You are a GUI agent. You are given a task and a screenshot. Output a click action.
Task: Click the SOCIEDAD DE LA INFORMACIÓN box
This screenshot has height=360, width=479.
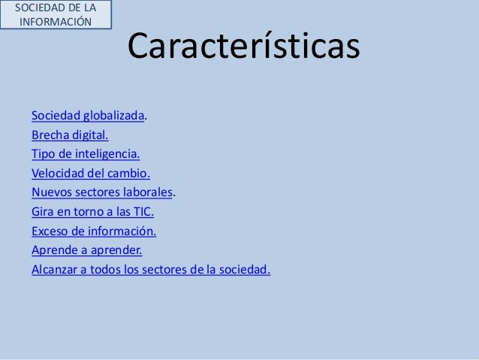tap(56, 14)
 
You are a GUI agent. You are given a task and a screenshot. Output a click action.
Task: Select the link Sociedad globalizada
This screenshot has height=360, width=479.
tap(88, 117)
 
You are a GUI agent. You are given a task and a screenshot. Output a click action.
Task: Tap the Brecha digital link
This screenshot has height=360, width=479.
tap(70, 136)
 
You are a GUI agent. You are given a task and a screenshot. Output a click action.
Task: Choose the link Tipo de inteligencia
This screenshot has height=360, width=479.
tap(86, 155)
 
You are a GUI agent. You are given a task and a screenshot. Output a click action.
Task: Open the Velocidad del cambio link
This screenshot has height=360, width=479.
tap(91, 174)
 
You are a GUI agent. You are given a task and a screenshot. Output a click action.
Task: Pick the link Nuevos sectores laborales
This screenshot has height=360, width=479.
tap(102, 192)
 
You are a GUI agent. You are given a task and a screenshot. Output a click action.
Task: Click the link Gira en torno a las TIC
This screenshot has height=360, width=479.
tap(92, 211)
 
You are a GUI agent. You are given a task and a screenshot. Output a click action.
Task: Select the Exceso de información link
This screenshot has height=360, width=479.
tap(94, 231)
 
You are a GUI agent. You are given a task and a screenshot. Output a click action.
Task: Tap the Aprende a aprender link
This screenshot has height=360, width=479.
tap(86, 250)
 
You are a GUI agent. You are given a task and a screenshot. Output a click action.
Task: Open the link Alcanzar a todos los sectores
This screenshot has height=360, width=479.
tap(150, 268)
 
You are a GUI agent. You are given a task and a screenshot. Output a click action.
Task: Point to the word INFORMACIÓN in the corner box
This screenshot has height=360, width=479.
tap(56, 20)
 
